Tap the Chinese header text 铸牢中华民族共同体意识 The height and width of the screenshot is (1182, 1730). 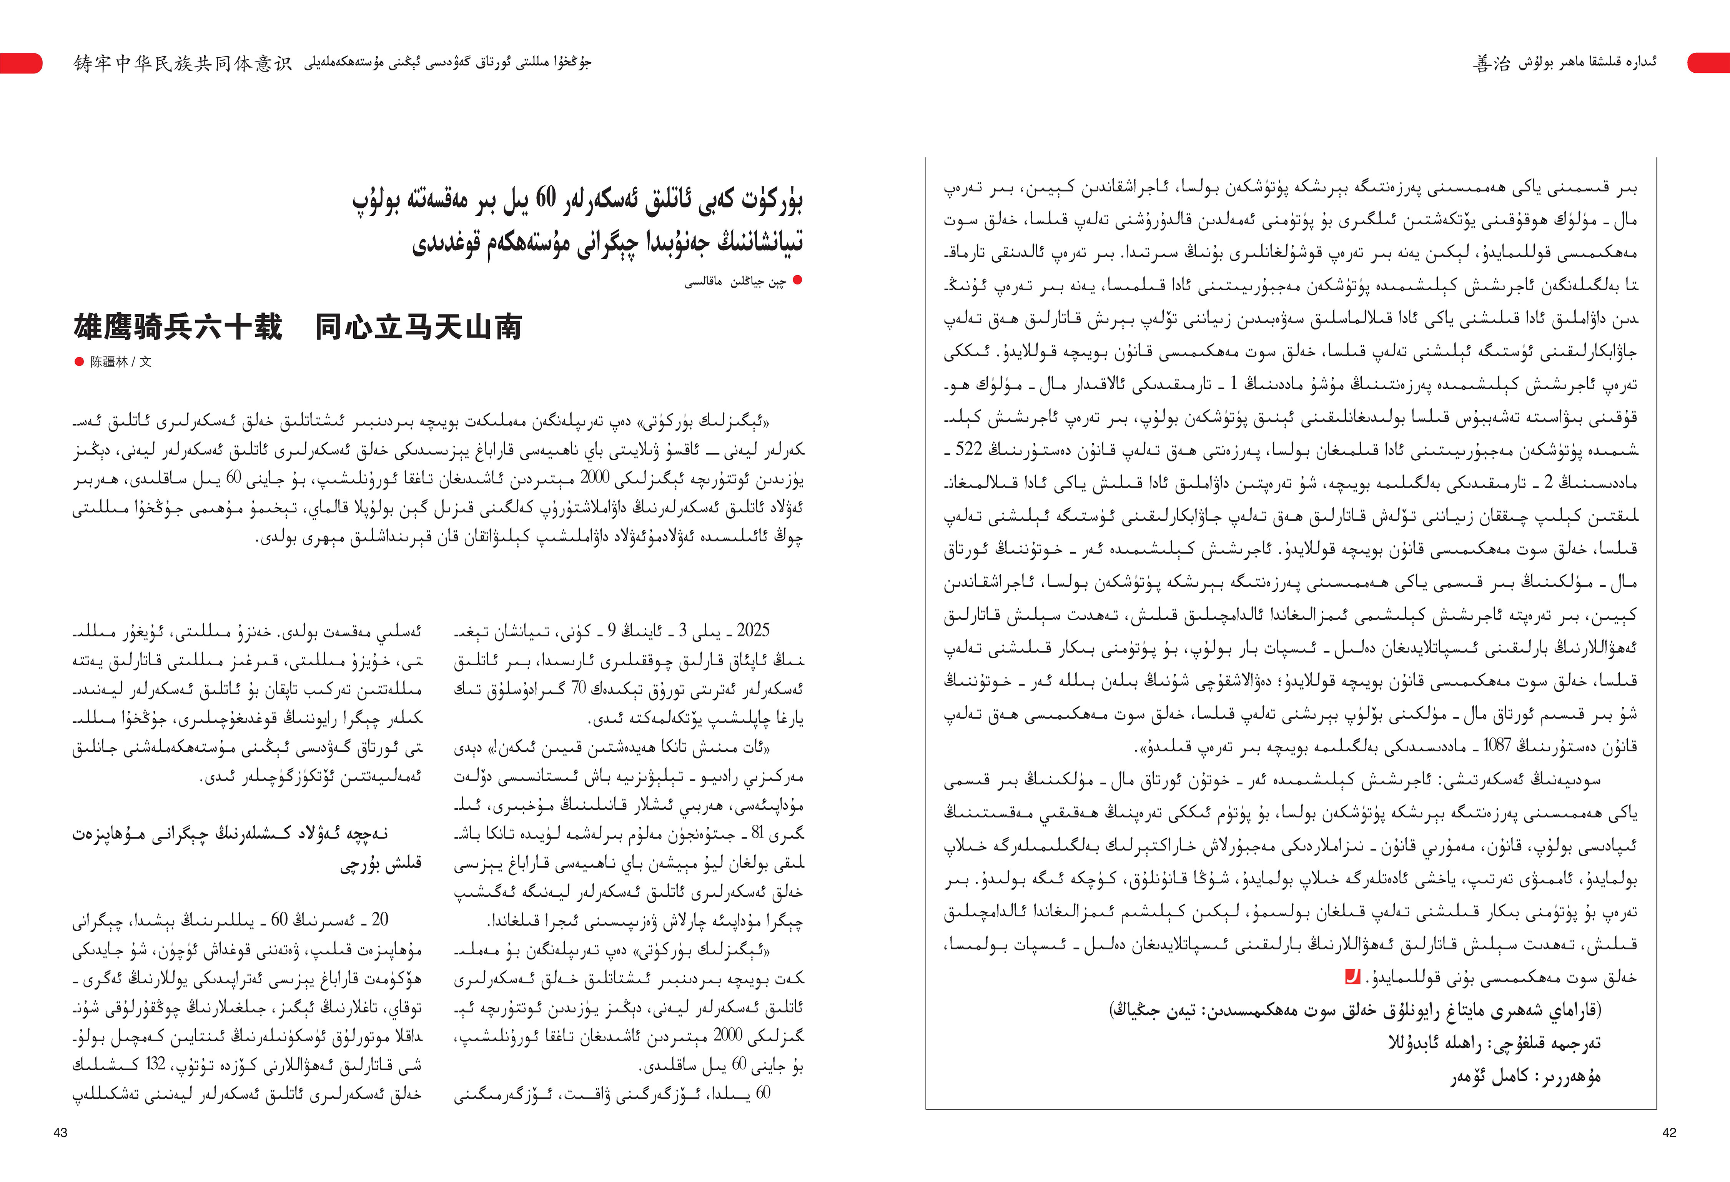click(182, 63)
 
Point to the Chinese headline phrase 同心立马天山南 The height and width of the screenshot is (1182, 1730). click(418, 327)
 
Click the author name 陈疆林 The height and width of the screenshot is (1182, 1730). click(110, 362)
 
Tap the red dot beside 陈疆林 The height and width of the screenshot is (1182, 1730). click(79, 362)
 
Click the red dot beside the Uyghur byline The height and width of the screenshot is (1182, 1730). click(797, 281)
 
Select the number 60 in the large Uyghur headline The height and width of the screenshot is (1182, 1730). click(546, 198)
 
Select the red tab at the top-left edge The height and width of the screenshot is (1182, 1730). click(21, 63)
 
